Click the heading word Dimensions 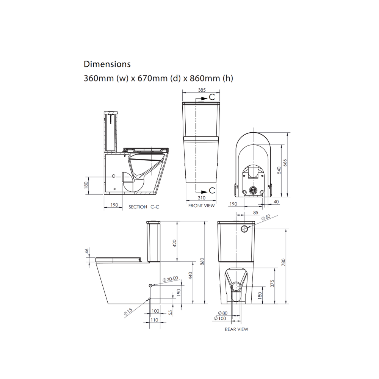click(x=107, y=64)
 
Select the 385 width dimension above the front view click(x=201, y=90)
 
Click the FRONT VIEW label click(x=201, y=206)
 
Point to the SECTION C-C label click(x=144, y=207)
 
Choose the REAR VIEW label click(x=236, y=329)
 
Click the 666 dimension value click(x=286, y=163)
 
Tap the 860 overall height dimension click(x=202, y=262)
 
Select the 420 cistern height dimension click(x=175, y=243)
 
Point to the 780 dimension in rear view click(x=283, y=262)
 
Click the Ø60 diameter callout click(x=266, y=217)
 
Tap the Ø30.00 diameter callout click(x=170, y=279)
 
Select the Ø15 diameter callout click(x=128, y=312)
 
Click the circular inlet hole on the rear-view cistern click(x=244, y=229)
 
